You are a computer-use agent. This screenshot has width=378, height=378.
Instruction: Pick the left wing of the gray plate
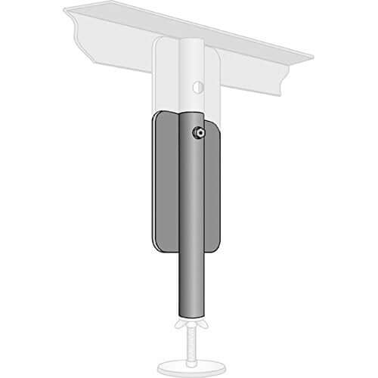pos(163,181)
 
